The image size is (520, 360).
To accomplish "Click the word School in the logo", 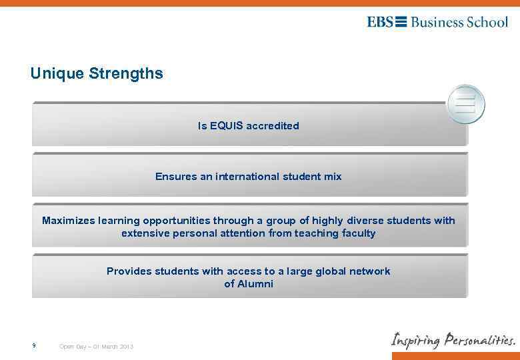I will (x=487, y=22).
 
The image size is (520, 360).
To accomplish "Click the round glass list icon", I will (x=465, y=105).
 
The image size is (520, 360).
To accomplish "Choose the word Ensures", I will (x=175, y=177).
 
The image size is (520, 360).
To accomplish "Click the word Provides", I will (x=129, y=271).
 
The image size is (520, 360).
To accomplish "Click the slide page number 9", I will (x=33, y=346).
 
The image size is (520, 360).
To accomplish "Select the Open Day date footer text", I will (x=97, y=347).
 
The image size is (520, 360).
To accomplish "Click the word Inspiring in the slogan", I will (x=416, y=340).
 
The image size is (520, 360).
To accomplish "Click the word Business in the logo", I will (x=437, y=22).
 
